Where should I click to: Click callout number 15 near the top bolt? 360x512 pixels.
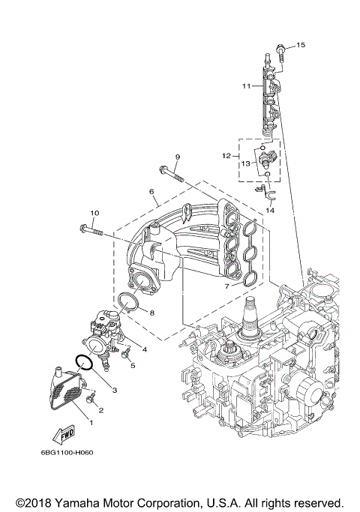[301, 46]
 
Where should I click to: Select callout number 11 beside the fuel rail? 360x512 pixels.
[246, 86]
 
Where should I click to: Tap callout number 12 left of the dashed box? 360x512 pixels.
[226, 155]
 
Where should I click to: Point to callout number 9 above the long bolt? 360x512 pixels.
[178, 156]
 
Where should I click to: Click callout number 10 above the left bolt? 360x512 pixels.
[95, 213]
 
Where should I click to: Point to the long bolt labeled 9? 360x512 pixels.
[172, 175]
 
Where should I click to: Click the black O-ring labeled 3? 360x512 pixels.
[85, 364]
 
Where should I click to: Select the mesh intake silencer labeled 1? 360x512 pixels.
[69, 391]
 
